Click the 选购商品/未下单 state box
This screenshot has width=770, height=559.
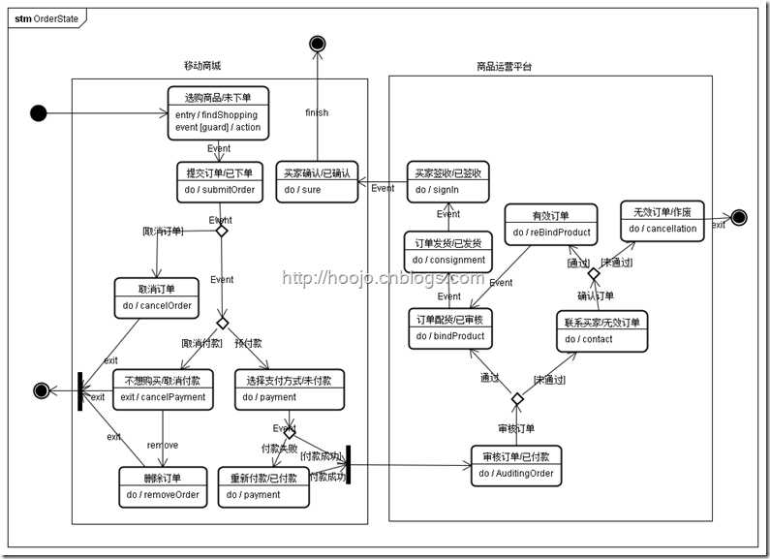(x=218, y=113)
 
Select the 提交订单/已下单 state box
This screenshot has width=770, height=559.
(x=220, y=181)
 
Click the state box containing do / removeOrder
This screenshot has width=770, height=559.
(x=163, y=485)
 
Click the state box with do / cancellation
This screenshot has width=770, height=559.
(x=662, y=221)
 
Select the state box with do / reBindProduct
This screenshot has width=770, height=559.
(x=550, y=224)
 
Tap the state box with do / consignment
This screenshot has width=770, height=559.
(x=447, y=251)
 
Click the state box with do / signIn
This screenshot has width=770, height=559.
(x=447, y=181)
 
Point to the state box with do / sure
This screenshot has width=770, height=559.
(x=317, y=181)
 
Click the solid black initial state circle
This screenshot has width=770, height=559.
(x=38, y=113)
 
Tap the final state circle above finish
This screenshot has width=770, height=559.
(x=316, y=43)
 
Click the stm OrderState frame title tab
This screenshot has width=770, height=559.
(x=46, y=16)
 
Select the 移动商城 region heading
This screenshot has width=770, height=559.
(x=201, y=66)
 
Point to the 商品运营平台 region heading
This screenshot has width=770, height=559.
(x=504, y=66)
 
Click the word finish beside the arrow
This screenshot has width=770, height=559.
(x=317, y=112)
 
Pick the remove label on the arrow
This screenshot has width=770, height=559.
(x=162, y=445)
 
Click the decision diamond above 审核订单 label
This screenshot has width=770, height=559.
(x=517, y=398)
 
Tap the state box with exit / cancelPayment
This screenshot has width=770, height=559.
(x=163, y=388)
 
